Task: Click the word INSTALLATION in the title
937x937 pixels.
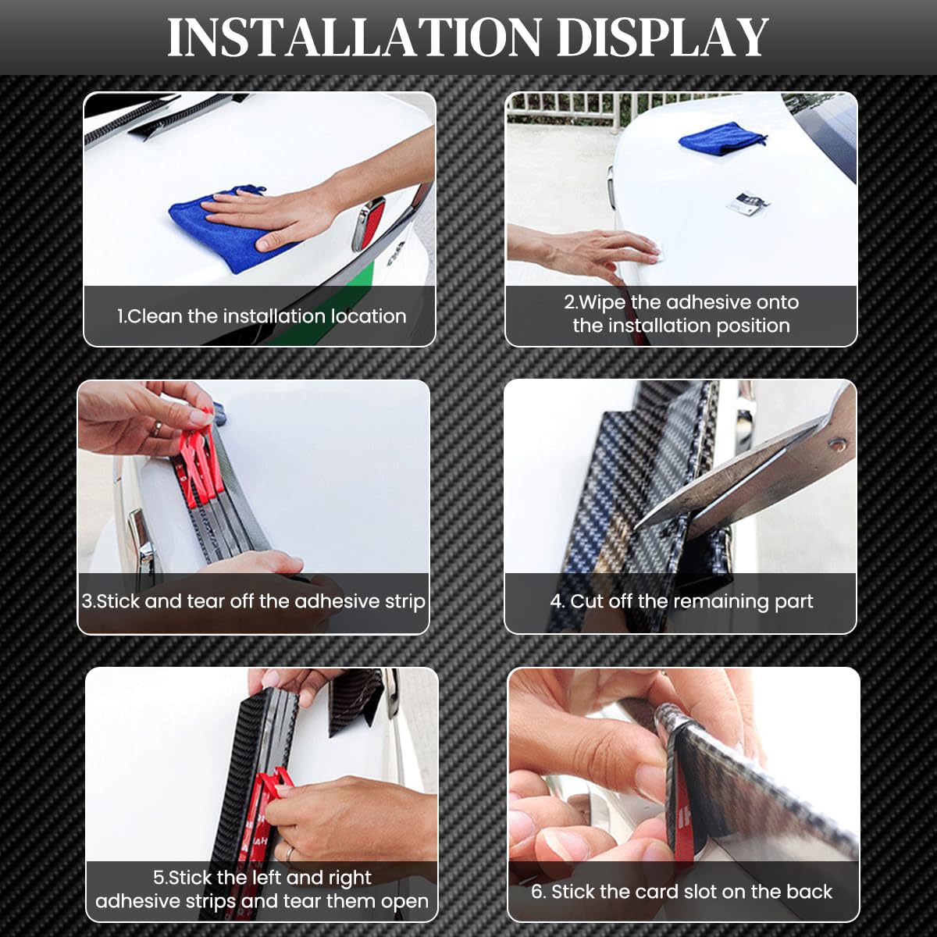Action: tap(354, 38)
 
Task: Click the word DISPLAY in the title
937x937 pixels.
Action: tap(662, 38)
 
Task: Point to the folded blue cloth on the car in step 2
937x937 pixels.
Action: tap(722, 137)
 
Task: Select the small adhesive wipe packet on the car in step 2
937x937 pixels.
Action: tap(746, 202)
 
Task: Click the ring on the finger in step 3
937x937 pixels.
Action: tap(157, 429)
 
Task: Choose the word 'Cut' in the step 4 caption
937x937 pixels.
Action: tap(586, 601)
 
